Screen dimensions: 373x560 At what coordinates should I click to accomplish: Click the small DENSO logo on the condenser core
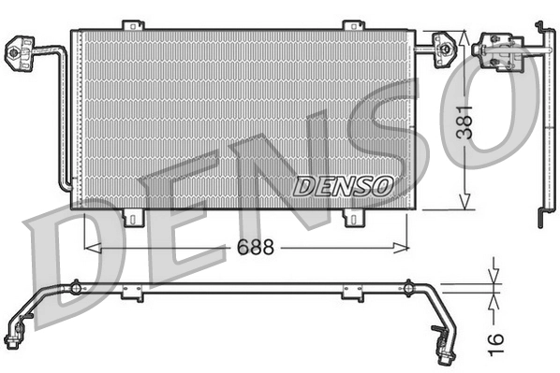click(342, 184)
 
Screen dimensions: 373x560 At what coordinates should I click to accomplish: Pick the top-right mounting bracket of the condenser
click(352, 24)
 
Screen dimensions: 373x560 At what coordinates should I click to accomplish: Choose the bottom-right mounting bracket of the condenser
click(353, 218)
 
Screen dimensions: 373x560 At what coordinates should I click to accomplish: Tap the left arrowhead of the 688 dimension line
click(90, 248)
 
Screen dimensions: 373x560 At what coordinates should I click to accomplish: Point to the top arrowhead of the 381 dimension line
click(464, 36)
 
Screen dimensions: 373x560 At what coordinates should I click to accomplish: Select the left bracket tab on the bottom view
click(131, 294)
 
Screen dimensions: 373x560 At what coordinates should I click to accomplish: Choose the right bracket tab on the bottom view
click(352, 294)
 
